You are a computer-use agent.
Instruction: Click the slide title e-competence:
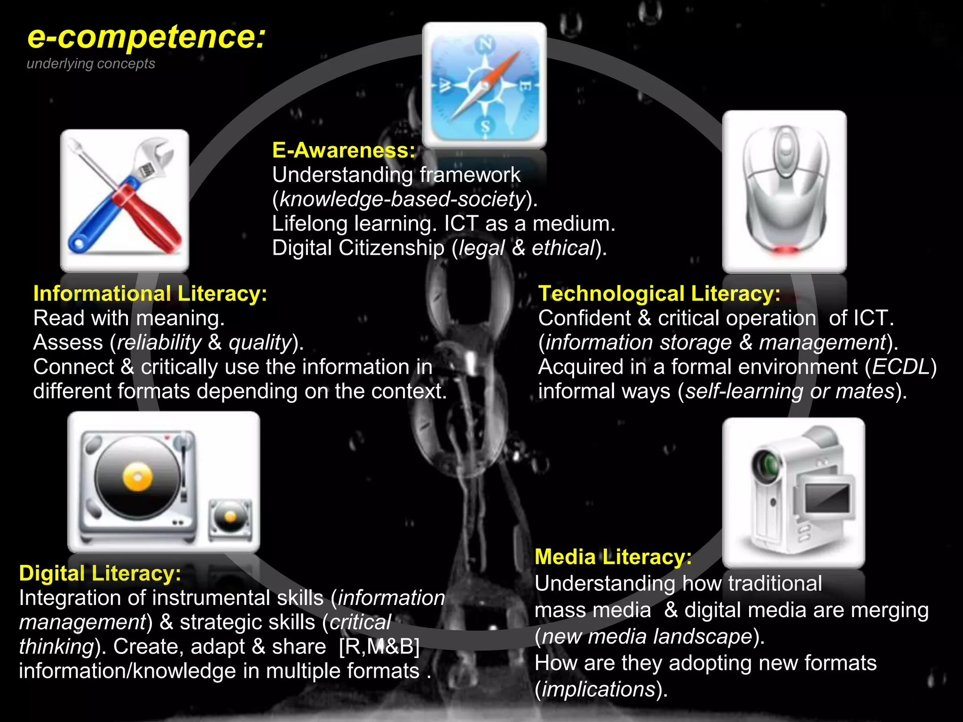coord(146,38)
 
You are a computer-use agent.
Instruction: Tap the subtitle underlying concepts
coord(91,63)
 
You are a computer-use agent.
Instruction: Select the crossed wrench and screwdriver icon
coord(125,200)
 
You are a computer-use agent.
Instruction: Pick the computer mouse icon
coord(784,192)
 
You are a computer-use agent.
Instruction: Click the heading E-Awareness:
coord(344,150)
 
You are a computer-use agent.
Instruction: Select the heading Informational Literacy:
coord(150,294)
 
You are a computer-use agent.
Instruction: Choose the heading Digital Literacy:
coord(100,573)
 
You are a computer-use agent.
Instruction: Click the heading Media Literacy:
coord(613,557)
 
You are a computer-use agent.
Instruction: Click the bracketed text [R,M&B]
coord(379,647)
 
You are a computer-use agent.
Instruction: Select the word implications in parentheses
coord(599,690)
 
